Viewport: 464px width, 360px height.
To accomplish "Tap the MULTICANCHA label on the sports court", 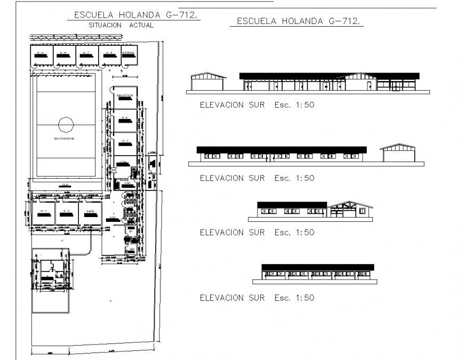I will pyautogui.click(x=64, y=139).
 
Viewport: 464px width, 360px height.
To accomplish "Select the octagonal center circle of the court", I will pyautogui.click(x=65, y=126).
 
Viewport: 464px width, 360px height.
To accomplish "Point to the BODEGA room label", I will pyautogui.click(x=129, y=53).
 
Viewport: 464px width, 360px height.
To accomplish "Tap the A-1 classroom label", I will pyautogui.click(x=44, y=211).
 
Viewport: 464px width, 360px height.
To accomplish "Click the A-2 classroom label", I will pyautogui.click(x=66, y=211).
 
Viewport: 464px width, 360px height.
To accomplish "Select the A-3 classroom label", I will pyautogui.click(x=125, y=140).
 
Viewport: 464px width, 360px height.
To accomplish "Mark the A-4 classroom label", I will pyautogui.click(x=125, y=117).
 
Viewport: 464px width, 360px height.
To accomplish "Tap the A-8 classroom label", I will pyautogui.click(x=109, y=53).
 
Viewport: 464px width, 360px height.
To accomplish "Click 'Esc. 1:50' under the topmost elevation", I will pyautogui.click(x=294, y=105).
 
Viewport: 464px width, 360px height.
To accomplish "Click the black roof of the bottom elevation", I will pyautogui.click(x=317, y=267).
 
